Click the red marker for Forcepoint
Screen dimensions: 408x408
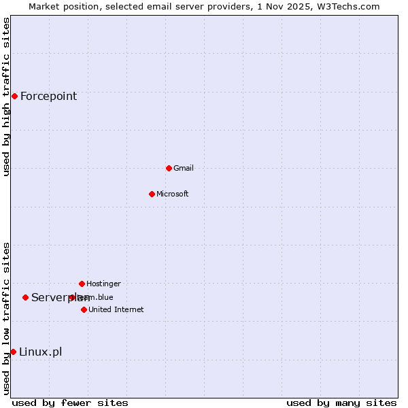coord(14,96)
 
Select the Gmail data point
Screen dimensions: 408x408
coord(169,168)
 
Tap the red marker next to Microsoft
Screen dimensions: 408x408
coord(152,194)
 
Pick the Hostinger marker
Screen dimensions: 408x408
coord(82,284)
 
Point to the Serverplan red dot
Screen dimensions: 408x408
coord(25,297)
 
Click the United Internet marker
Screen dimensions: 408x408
coord(84,309)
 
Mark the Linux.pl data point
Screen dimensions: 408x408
coord(13,352)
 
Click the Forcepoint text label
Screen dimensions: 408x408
coord(48,96)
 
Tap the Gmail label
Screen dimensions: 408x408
coord(184,168)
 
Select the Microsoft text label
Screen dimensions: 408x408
coord(173,194)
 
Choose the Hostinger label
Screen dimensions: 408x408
coord(103,284)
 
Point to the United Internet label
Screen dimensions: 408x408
coord(116,309)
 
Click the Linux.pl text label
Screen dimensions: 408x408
coord(40,352)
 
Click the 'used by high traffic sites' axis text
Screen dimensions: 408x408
coord(6,97)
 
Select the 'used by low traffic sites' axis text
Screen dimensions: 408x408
coord(6,318)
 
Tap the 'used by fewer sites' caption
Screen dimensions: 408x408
coord(70,403)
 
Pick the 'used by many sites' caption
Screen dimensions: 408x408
coord(341,403)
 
